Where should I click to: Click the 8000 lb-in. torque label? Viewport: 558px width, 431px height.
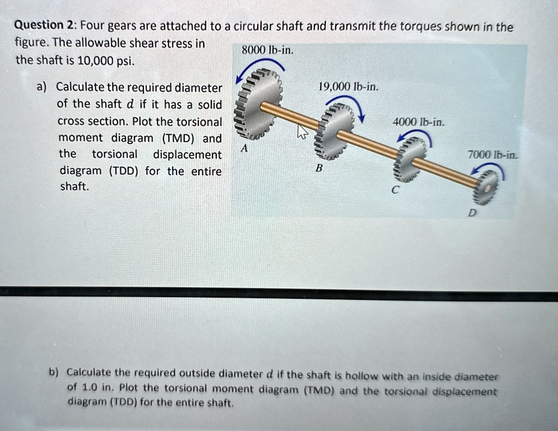click(x=268, y=50)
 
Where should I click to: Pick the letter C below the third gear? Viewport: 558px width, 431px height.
click(x=396, y=190)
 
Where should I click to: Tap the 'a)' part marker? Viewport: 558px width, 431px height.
click(x=42, y=87)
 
